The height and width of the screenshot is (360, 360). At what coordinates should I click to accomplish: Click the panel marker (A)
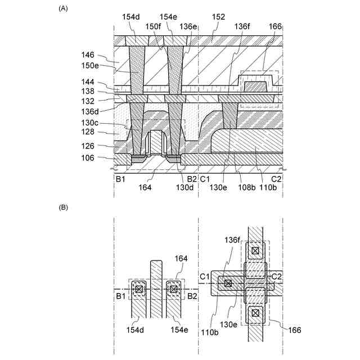[x=64, y=8]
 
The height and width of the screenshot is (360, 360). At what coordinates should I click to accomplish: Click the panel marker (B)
[x=64, y=207]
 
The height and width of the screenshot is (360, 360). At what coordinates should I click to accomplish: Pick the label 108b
[x=245, y=187]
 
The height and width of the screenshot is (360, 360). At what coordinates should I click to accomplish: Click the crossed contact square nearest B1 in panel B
[x=138, y=290]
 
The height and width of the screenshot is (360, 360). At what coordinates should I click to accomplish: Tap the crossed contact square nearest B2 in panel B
[x=173, y=290]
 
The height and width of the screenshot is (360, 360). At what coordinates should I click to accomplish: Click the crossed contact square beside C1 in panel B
[x=228, y=283]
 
